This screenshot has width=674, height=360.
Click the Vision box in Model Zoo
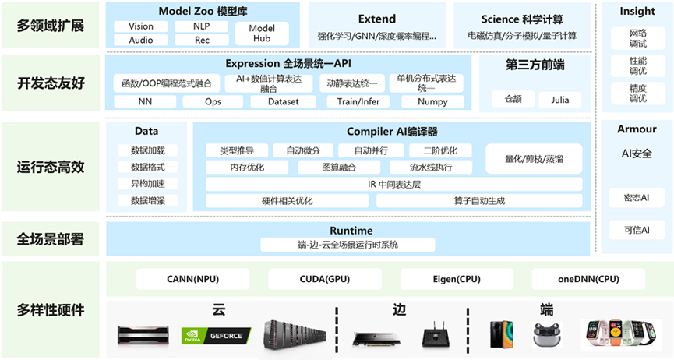(x=141, y=26)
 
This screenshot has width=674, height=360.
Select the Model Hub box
(x=262, y=34)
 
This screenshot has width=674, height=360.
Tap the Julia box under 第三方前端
(x=560, y=100)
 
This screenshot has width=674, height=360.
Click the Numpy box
(x=432, y=101)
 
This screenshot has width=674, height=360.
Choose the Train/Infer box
(x=358, y=101)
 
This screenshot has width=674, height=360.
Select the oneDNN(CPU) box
(x=588, y=278)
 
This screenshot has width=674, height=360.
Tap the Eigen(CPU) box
(x=456, y=278)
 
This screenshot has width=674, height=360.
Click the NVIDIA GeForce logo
(x=216, y=336)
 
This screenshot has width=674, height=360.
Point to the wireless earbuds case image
(x=547, y=335)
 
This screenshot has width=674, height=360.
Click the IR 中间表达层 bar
(x=393, y=184)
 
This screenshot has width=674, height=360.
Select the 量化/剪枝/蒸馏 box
(x=534, y=159)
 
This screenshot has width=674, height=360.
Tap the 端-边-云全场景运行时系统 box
(x=337, y=245)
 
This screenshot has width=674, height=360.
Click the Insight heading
(x=637, y=12)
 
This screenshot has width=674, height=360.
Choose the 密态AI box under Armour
(x=637, y=197)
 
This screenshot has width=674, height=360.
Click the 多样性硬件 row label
(x=51, y=309)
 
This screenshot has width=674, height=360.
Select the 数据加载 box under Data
(x=147, y=150)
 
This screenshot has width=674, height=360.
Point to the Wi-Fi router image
(x=434, y=336)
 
